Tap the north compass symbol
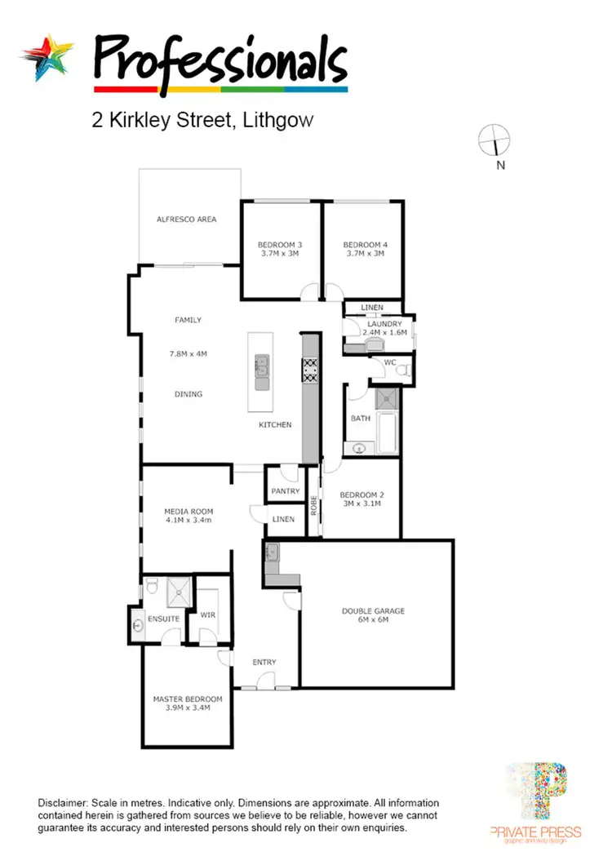coord(494,140)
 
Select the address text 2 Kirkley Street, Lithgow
coord(202,121)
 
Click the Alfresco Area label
coord(187,220)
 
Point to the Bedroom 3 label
coord(280,245)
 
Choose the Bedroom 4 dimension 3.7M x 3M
coord(364,254)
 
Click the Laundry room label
coord(384,324)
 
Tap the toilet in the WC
coord(401,370)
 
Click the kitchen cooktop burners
coord(311,371)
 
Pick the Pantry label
coord(284,492)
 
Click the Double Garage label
coord(373,610)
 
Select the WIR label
coord(207,615)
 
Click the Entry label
coord(264,662)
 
